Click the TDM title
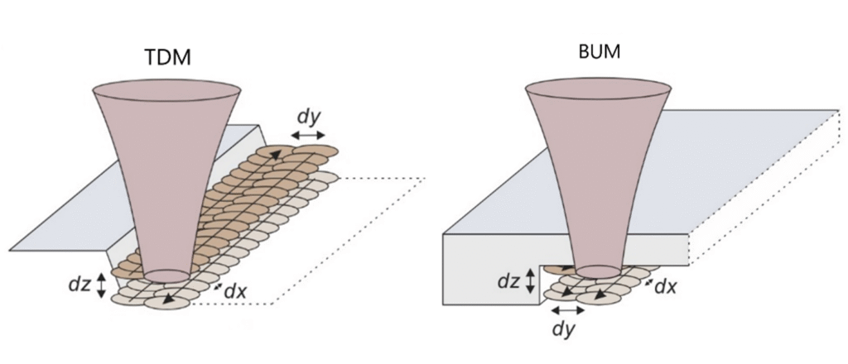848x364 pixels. [169, 58]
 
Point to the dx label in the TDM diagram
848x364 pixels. [236, 292]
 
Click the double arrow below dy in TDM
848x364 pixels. [308, 135]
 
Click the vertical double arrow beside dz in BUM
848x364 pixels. [531, 280]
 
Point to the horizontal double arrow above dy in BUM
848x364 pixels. [567, 310]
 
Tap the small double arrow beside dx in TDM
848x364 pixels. [218, 286]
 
